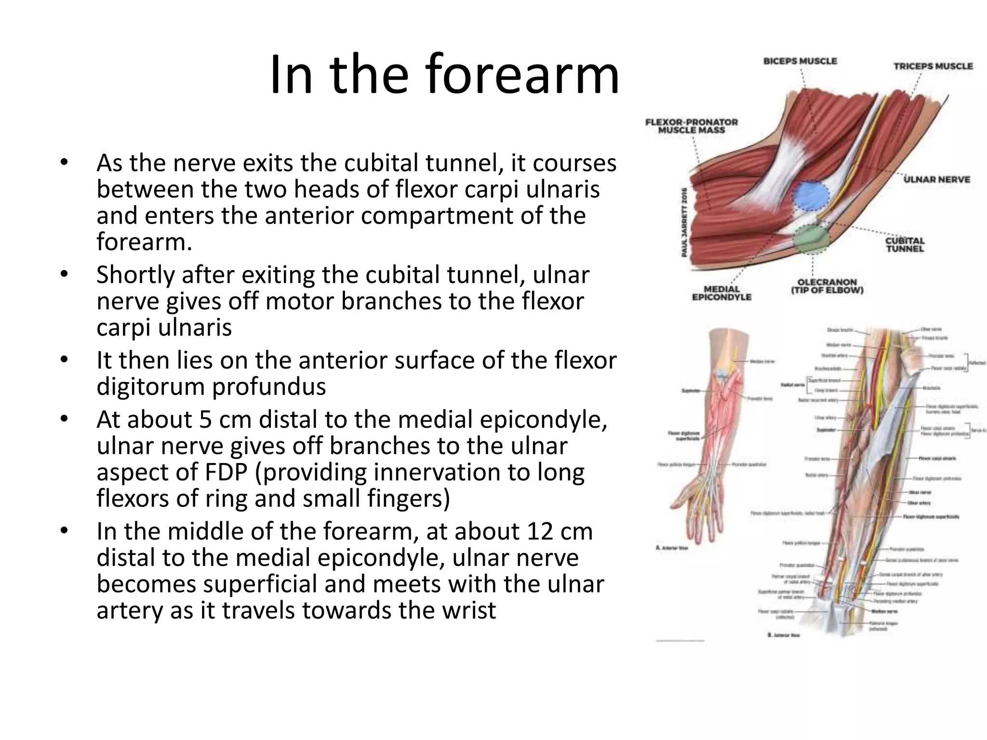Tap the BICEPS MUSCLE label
pos(800,61)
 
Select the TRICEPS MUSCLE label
pos(933,66)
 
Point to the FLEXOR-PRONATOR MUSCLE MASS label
pos(692,126)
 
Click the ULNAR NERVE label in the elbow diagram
pos(937,179)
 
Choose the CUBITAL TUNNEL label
pos(905,245)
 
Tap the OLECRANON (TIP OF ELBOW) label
pos(827,286)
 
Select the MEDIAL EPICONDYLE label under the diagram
pos(721,293)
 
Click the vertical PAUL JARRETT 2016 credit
pos(684,222)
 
